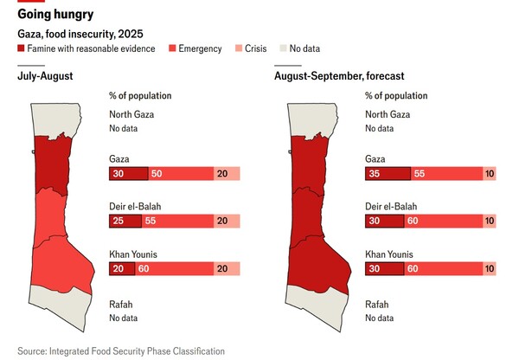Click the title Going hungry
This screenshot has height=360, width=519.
[x=55, y=15]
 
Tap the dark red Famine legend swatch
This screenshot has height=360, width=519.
[x=22, y=48]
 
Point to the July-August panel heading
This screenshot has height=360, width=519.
[x=45, y=77]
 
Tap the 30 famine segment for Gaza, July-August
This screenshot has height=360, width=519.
[x=128, y=174]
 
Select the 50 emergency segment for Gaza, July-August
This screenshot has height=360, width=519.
[x=181, y=174]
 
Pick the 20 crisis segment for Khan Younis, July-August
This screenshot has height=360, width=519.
[x=227, y=269]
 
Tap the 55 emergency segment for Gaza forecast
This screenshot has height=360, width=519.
[x=447, y=174]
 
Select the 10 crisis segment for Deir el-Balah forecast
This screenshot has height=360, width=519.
[x=490, y=222]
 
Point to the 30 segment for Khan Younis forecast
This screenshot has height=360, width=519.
[x=384, y=269]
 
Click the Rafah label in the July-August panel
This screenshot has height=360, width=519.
[x=122, y=305]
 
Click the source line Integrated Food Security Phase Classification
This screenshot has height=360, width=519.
[x=121, y=350]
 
